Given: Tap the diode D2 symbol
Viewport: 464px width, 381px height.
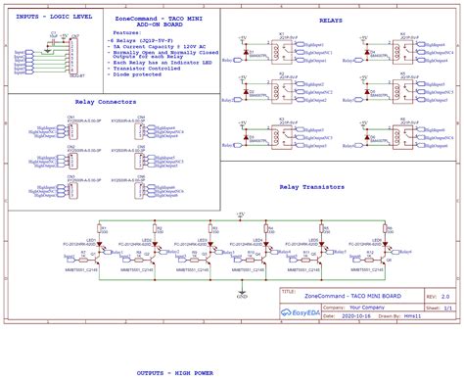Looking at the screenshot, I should (x=249, y=94).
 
